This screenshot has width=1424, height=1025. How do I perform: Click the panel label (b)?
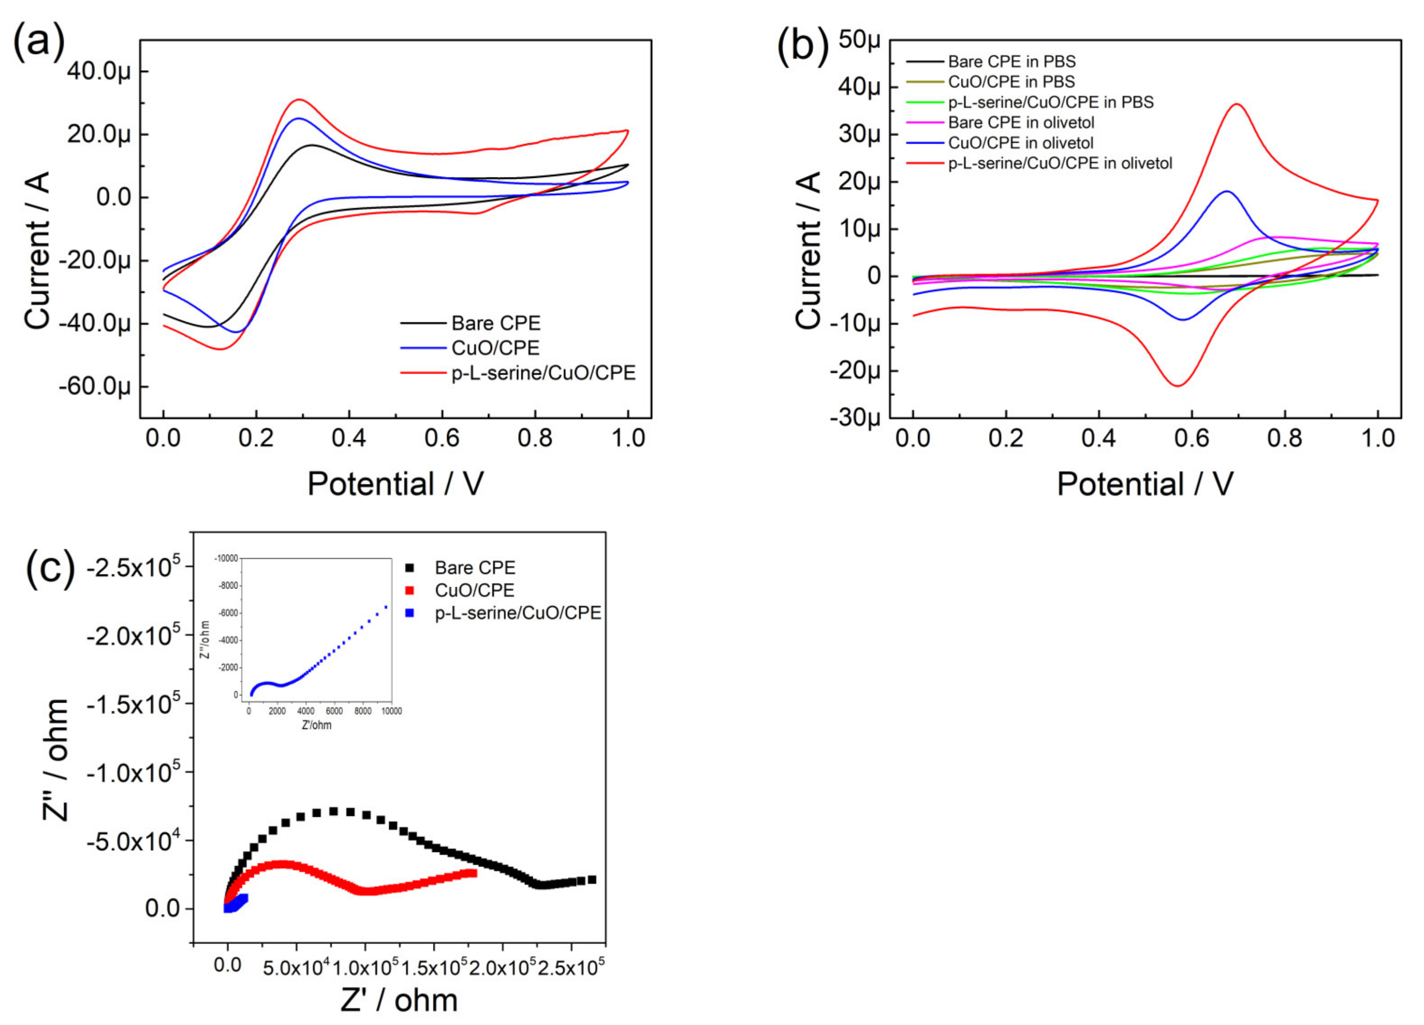pyautogui.click(x=803, y=45)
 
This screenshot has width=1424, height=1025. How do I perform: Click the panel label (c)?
pyautogui.click(x=50, y=568)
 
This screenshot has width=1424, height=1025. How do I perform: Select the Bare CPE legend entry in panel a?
pyautogui.click(x=496, y=323)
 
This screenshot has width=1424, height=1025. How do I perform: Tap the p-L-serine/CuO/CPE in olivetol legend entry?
pyautogui.click(x=1060, y=163)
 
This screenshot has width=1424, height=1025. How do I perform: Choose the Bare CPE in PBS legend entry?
pyautogui.click(x=1011, y=62)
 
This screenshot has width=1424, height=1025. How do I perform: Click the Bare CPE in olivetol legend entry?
pyautogui.click(x=1021, y=122)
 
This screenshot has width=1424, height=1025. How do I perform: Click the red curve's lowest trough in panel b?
pyautogui.click(x=1177, y=385)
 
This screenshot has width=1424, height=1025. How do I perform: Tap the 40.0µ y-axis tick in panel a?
pyautogui.click(x=99, y=71)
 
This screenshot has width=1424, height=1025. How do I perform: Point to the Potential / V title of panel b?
pyautogui.click(x=1145, y=484)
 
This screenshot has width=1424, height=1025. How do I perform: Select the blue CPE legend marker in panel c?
pyautogui.click(x=410, y=613)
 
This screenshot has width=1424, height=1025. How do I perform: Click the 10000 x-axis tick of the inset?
pyautogui.click(x=391, y=711)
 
